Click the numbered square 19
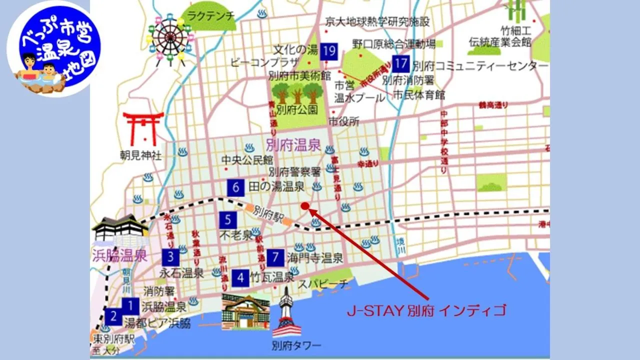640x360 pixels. [329, 51]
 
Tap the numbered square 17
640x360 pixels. [400, 64]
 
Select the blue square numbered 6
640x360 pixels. [236, 187]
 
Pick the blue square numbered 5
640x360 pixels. [227, 219]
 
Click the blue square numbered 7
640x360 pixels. [275, 257]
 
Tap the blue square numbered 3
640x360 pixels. [170, 257]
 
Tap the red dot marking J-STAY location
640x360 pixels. [304, 206]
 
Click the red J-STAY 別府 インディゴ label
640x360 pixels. [426, 310]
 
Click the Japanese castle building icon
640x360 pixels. [120, 229]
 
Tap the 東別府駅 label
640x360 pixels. [114, 338]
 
